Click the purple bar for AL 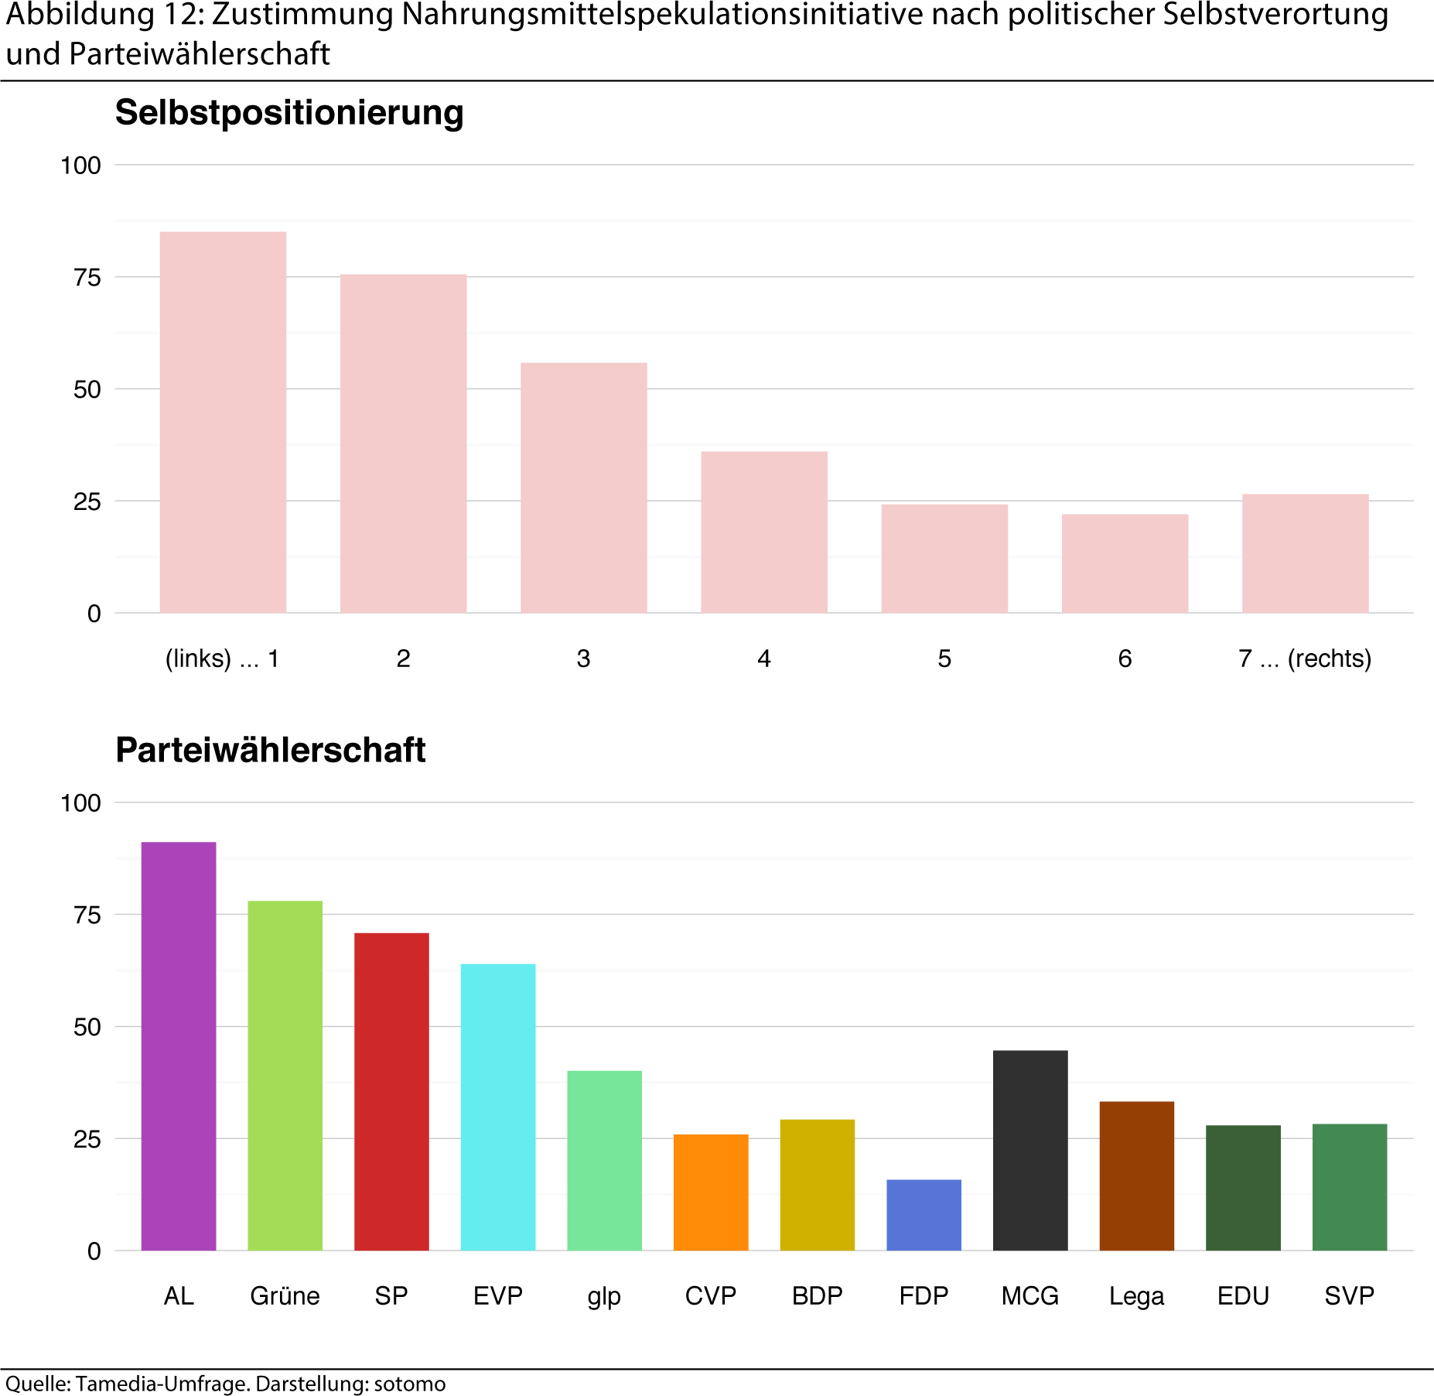(x=179, y=1045)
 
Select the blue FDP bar (x=924, y=1214)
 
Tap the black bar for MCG (x=1029, y=1150)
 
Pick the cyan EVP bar (x=498, y=1107)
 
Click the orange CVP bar (x=711, y=1192)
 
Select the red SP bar (x=391, y=1091)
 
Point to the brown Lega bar (x=1136, y=1175)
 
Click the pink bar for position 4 (x=764, y=532)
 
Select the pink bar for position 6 (x=1125, y=563)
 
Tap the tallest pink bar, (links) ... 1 (x=223, y=423)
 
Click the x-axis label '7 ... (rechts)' (x=1305, y=659)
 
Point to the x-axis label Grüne (x=285, y=1296)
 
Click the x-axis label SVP (x=1349, y=1296)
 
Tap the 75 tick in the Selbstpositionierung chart (x=87, y=278)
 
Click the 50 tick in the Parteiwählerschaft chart (x=87, y=1028)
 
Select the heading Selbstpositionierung (x=289, y=113)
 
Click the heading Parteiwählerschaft (x=270, y=751)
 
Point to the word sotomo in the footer (x=410, y=1384)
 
